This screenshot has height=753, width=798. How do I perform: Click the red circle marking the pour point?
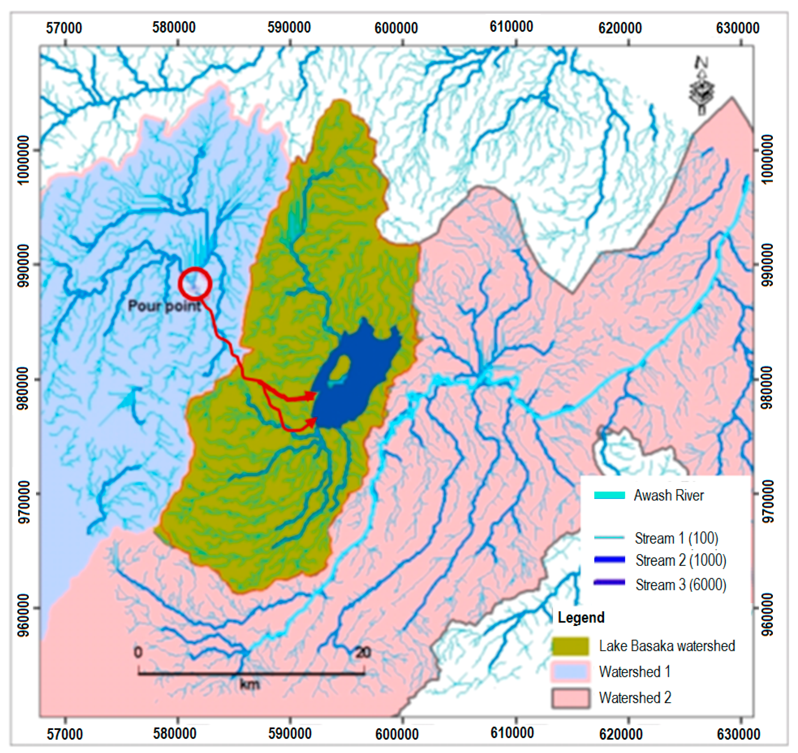(x=195, y=284)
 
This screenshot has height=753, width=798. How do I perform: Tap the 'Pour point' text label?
(x=165, y=307)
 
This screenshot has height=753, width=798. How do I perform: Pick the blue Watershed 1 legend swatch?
(x=570, y=672)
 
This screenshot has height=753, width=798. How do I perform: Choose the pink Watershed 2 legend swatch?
(x=570, y=698)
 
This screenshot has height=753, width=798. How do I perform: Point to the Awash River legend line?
(x=609, y=496)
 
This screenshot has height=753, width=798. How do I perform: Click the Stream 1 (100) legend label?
(x=676, y=538)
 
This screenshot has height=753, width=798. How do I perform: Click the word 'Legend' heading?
(x=581, y=617)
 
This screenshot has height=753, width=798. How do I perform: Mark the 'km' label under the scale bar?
(x=249, y=684)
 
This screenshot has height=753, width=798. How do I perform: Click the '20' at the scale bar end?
(x=363, y=653)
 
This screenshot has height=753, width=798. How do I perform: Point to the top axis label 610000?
(x=511, y=27)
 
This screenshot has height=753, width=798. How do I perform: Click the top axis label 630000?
(x=738, y=28)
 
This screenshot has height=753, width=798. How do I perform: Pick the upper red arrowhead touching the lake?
(x=311, y=396)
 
